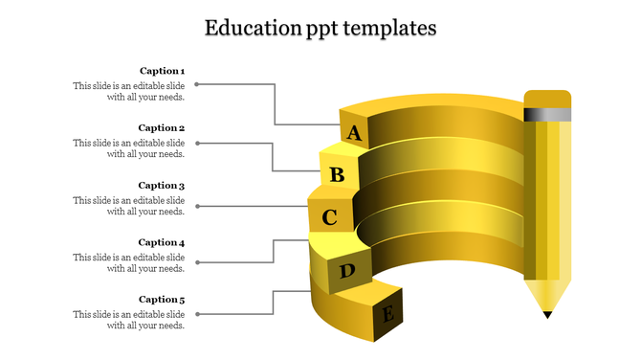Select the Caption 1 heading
click(162, 71)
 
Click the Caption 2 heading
click(162, 128)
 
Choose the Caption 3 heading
click(162, 186)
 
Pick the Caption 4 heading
click(162, 242)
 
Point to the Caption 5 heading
click(162, 300)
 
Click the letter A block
click(354, 133)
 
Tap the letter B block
click(337, 174)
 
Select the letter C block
click(329, 217)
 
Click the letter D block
click(346, 272)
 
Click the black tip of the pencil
click(547, 313)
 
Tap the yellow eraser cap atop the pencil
click(547, 99)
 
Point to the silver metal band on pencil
click(547, 114)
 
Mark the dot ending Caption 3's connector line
click(197, 206)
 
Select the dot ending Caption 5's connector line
click(197, 313)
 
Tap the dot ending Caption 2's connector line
click(197, 144)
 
